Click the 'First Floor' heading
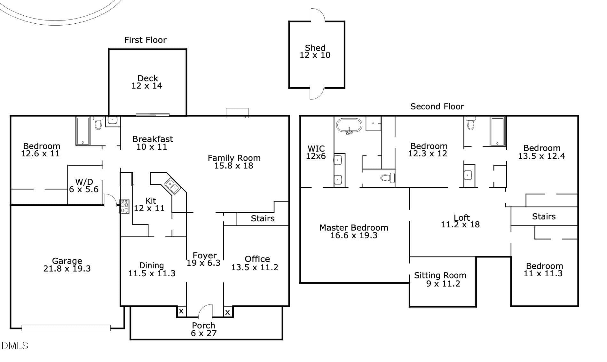click(x=145, y=40)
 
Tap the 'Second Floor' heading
click(x=437, y=106)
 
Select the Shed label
click(x=315, y=51)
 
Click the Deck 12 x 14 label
click(x=147, y=82)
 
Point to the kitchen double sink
click(x=172, y=186)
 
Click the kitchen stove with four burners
click(x=124, y=206)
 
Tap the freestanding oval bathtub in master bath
click(x=349, y=126)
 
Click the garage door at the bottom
click(x=66, y=328)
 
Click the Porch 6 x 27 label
click(x=204, y=329)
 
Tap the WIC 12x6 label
click(x=316, y=152)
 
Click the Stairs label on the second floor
click(x=544, y=216)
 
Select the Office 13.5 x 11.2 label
click(x=255, y=263)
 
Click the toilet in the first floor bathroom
click(x=98, y=123)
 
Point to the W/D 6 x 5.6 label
click(x=84, y=185)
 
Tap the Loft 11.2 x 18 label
click(x=461, y=221)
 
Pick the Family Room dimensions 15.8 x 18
click(x=234, y=166)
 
